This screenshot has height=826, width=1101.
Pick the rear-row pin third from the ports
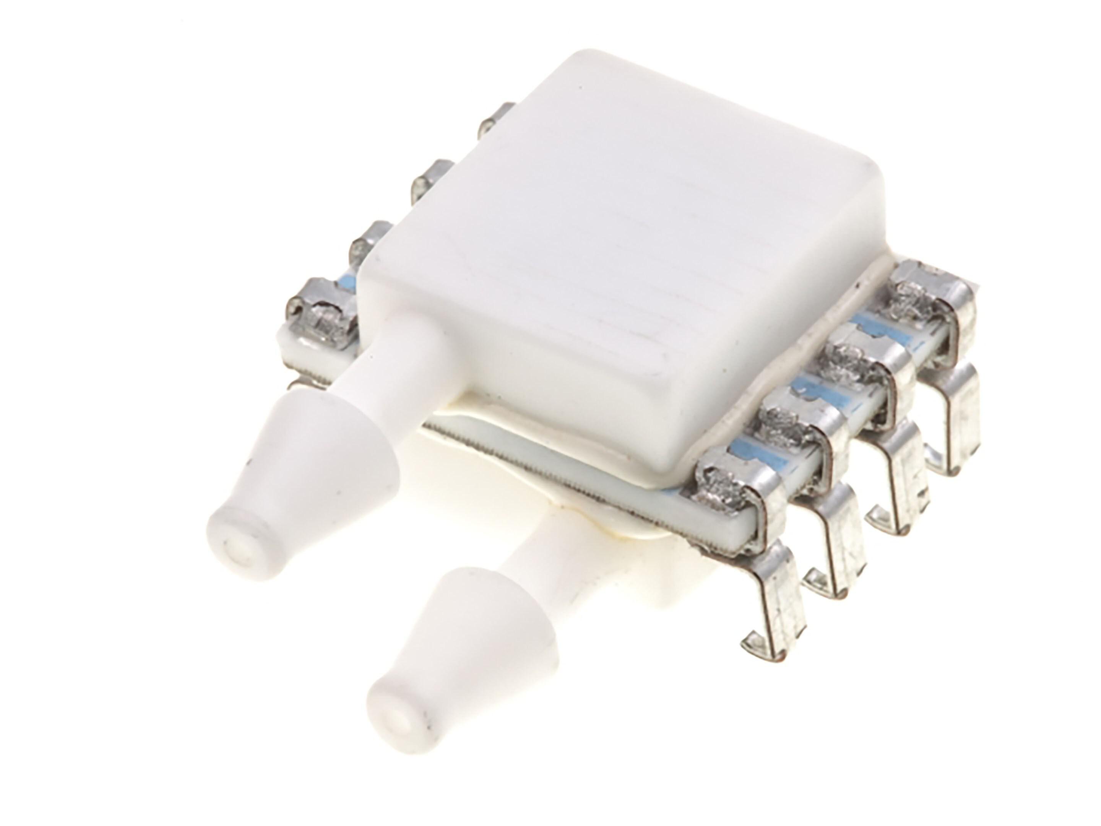point(430,179)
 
